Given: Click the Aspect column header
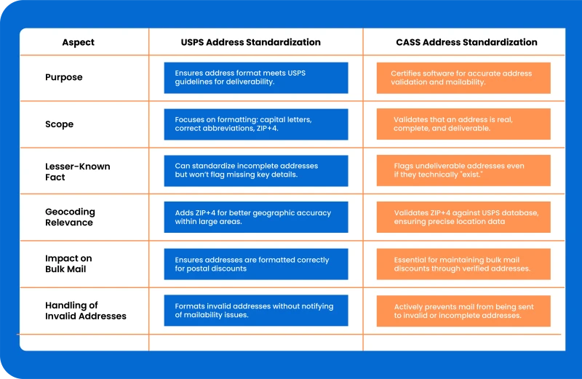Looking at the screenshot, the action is coord(78,42).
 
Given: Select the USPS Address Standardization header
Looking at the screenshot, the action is coord(250,42).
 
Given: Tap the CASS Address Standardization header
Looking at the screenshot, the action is coord(466,42).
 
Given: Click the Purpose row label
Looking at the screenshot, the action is coord(64,77).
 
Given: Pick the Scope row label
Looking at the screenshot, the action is coord(60,124).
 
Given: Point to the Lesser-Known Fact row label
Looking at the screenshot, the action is coord(78,172).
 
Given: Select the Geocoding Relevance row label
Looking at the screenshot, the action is coord(70,218).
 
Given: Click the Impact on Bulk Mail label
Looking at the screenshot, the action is coord(68,263).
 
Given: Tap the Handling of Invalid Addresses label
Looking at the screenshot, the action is coord(86,311).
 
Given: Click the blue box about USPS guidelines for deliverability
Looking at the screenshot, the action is coord(256,78).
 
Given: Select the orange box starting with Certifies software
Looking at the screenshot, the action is coord(463,78).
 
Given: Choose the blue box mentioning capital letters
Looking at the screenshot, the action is coord(256,124).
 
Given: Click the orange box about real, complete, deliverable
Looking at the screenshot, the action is coord(463,124).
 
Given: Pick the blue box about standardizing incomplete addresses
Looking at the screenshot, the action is coord(256,171).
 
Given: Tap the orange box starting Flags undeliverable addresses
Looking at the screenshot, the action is coord(463,170).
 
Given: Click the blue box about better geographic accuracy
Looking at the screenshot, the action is coord(256,218).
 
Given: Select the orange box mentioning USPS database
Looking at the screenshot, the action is coord(463,218).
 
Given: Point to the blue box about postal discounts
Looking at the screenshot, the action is coord(256,264).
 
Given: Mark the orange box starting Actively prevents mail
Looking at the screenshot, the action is coord(463,311).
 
